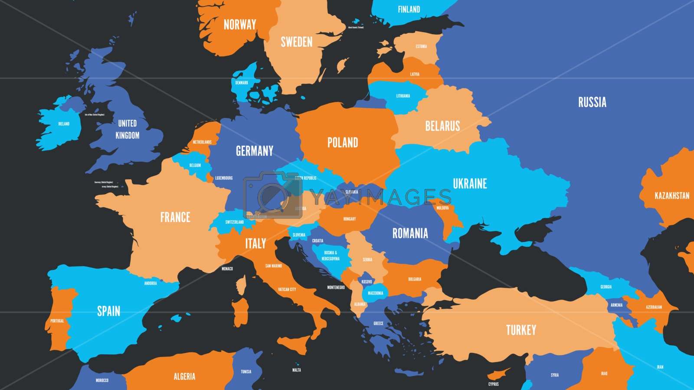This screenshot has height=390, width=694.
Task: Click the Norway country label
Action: click(x=240, y=25)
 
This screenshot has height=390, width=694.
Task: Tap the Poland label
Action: click(x=343, y=143)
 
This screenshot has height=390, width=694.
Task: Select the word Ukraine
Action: click(x=470, y=184)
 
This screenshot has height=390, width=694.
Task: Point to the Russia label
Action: click(x=592, y=102)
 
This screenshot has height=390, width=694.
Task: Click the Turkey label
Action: click(x=521, y=330)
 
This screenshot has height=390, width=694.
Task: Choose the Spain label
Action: click(x=108, y=311)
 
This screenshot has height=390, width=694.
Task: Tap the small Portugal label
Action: click(x=57, y=321)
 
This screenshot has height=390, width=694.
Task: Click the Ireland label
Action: click(x=64, y=124)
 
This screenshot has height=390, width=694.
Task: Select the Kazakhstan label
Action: click(x=671, y=196)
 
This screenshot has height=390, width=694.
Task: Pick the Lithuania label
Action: click(x=403, y=96)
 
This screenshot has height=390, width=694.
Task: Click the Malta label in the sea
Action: click(x=297, y=370)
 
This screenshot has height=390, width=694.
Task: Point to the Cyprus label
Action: click(x=494, y=384)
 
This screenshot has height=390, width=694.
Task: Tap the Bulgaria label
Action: click(x=415, y=279)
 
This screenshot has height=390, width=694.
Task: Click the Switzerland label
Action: click(x=234, y=222)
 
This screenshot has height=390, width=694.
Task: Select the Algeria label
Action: click(x=184, y=376)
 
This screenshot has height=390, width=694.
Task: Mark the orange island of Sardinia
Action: click(x=239, y=312)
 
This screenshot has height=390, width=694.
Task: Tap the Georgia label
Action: click(x=606, y=287)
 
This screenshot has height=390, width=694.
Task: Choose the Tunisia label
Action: click(x=246, y=372)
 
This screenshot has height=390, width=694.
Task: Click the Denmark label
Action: click(x=242, y=83)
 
